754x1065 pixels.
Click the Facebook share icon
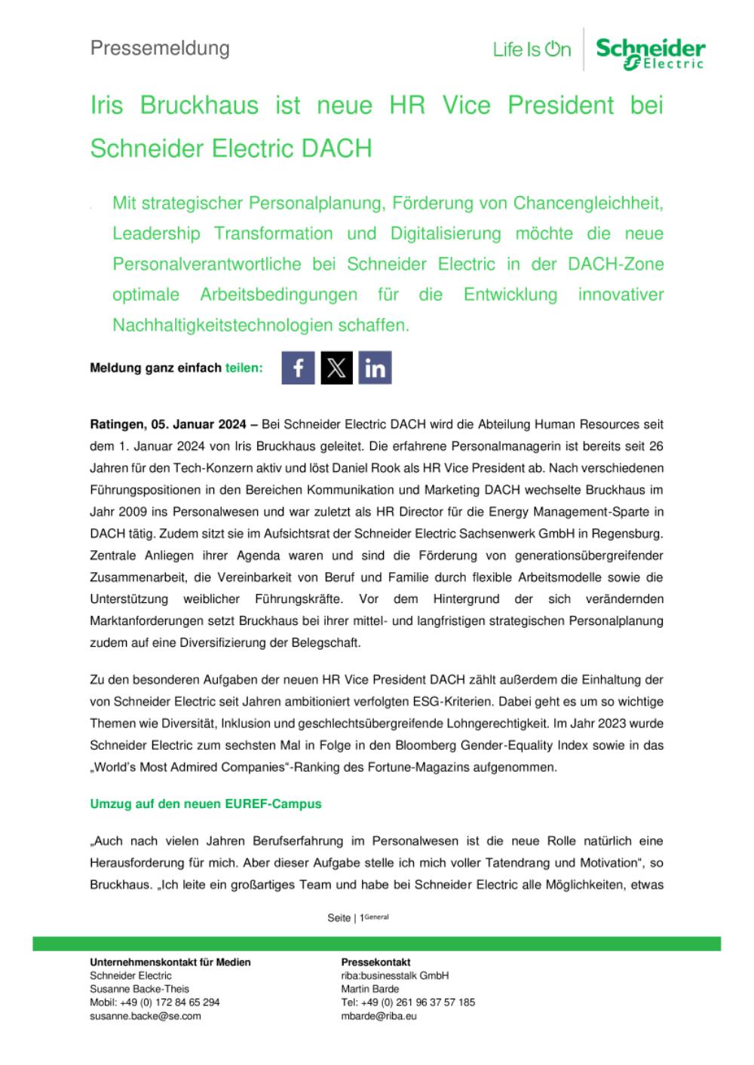coord(299,368)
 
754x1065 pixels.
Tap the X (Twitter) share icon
coord(336,368)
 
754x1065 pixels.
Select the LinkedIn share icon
coord(375,368)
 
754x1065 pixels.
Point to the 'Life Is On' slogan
coord(532,50)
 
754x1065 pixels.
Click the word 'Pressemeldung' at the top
coord(160,48)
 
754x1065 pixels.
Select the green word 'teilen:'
coord(244,368)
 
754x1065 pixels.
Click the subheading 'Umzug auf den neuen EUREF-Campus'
coord(206,803)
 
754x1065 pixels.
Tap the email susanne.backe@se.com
coord(146,1015)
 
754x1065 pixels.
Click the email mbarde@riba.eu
coord(379,1015)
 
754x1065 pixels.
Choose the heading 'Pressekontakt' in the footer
coord(375,962)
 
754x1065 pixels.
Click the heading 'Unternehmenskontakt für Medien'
coord(170,962)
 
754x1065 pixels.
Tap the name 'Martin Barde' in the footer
coord(369,988)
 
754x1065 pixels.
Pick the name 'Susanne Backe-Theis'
coord(139,988)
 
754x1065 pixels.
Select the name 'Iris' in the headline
coord(106,106)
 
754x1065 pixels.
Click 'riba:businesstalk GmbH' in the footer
coord(394,975)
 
